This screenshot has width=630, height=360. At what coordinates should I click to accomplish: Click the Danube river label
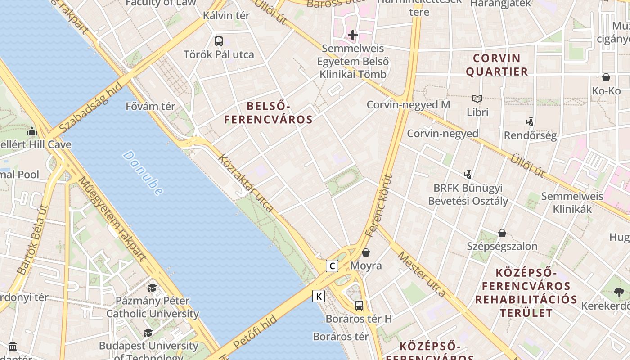pyautogui.click(x=143, y=173)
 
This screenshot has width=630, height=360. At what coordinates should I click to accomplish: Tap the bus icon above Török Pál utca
pyautogui.click(x=219, y=41)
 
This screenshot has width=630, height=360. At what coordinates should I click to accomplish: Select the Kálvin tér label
pyautogui.click(x=226, y=15)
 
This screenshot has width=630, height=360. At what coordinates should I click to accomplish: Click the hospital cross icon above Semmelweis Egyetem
pyautogui.click(x=353, y=35)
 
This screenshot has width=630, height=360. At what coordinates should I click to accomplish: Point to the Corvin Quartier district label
pyautogui.click(x=497, y=65)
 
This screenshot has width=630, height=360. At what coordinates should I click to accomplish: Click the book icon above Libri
pyautogui.click(x=477, y=99)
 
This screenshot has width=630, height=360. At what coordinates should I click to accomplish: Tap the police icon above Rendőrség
pyautogui.click(x=530, y=121)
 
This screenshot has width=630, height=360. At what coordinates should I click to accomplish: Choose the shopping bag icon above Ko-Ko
pyautogui.click(x=606, y=77)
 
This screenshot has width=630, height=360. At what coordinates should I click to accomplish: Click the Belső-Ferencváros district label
pyautogui.click(x=268, y=113)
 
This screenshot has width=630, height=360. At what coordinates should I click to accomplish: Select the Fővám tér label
pyautogui.click(x=150, y=107)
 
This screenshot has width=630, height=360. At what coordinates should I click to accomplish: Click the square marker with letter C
pyautogui.click(x=332, y=266)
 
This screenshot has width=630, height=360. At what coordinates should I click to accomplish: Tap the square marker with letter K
pyautogui.click(x=319, y=296)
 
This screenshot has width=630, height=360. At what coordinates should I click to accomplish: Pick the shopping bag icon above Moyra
pyautogui.click(x=366, y=252)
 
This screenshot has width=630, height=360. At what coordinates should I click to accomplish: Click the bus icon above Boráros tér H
pyautogui.click(x=359, y=306)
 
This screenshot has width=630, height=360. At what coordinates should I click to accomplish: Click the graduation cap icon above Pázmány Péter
pyautogui.click(x=153, y=287)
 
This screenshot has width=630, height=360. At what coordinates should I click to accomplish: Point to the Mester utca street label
pyautogui.click(x=422, y=274)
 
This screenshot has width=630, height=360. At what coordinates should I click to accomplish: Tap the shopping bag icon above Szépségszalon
pyautogui.click(x=502, y=233)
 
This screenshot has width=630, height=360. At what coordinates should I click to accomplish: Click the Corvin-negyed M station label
pyautogui.click(x=408, y=105)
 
